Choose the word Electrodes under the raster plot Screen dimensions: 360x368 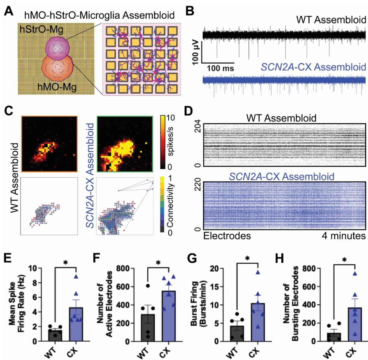pos(227,236)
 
